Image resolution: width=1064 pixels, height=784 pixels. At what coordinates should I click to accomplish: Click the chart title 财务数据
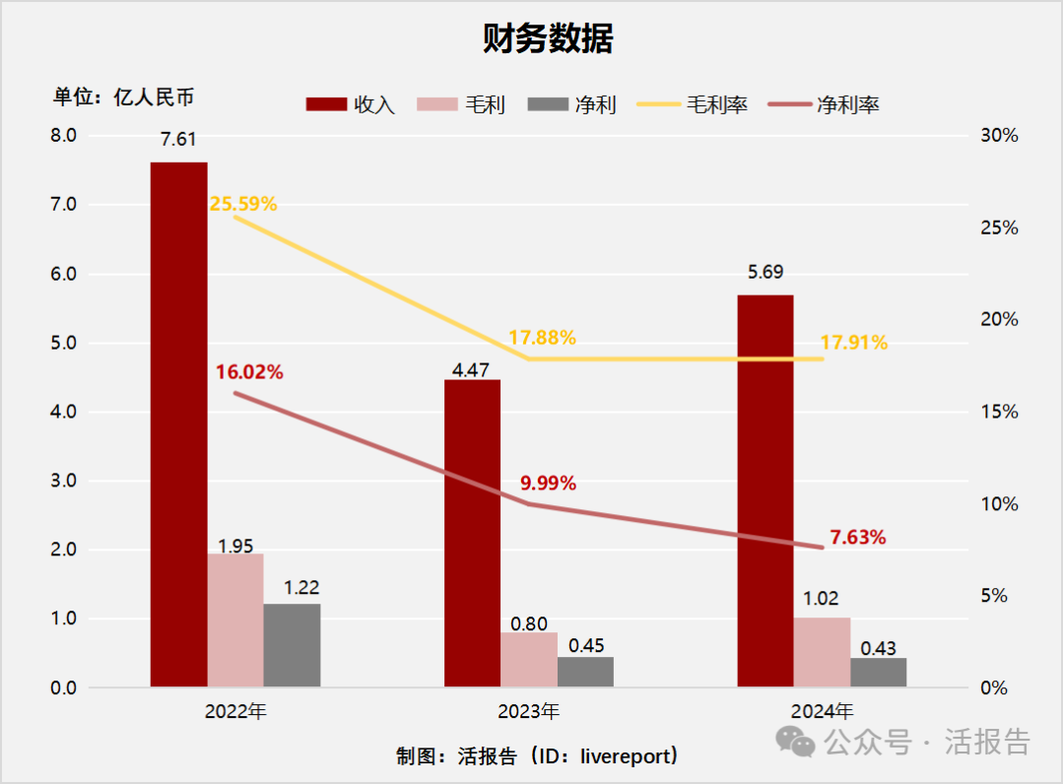pyautogui.click(x=548, y=39)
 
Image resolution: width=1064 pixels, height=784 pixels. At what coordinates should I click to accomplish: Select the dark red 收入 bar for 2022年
pyautogui.click(x=178, y=424)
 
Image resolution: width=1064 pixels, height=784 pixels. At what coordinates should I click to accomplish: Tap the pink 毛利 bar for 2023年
pyautogui.click(x=529, y=659)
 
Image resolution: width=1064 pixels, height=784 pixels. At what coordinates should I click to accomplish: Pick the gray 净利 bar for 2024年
pyautogui.click(x=879, y=672)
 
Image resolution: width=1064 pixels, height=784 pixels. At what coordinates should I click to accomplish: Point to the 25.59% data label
pyautogui.click(x=242, y=205)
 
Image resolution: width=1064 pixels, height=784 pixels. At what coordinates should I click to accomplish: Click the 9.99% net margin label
pyautogui.click(x=548, y=484)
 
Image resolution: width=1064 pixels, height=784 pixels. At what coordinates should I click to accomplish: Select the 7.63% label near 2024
pyautogui.click(x=857, y=538)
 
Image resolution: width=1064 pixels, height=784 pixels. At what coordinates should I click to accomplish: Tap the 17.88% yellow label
pyautogui.click(x=542, y=337)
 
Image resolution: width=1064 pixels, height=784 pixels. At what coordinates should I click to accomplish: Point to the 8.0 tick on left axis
pyautogui.click(x=63, y=136)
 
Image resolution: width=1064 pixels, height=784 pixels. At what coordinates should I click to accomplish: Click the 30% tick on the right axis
pyautogui.click(x=1000, y=136)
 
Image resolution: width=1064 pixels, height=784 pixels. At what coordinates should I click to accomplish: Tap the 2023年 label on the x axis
pyautogui.click(x=529, y=710)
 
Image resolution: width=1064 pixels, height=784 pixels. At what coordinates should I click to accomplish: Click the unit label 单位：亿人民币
pyautogui.click(x=124, y=97)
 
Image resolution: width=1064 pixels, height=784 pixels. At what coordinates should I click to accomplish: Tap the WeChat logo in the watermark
pyautogui.click(x=796, y=742)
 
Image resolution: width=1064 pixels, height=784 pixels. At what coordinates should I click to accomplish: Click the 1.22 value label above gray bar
pyautogui.click(x=300, y=588)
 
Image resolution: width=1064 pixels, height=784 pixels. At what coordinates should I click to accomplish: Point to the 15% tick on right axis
pyautogui.click(x=1000, y=412)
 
